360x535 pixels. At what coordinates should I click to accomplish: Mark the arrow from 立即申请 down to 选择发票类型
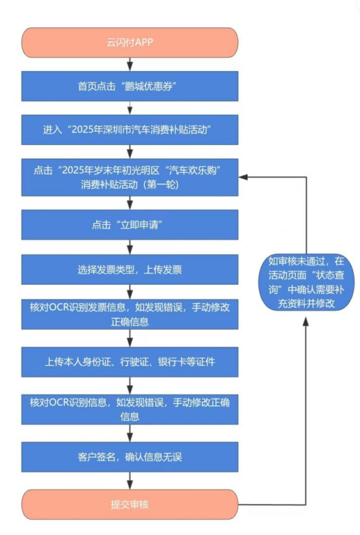click(x=131, y=247)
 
